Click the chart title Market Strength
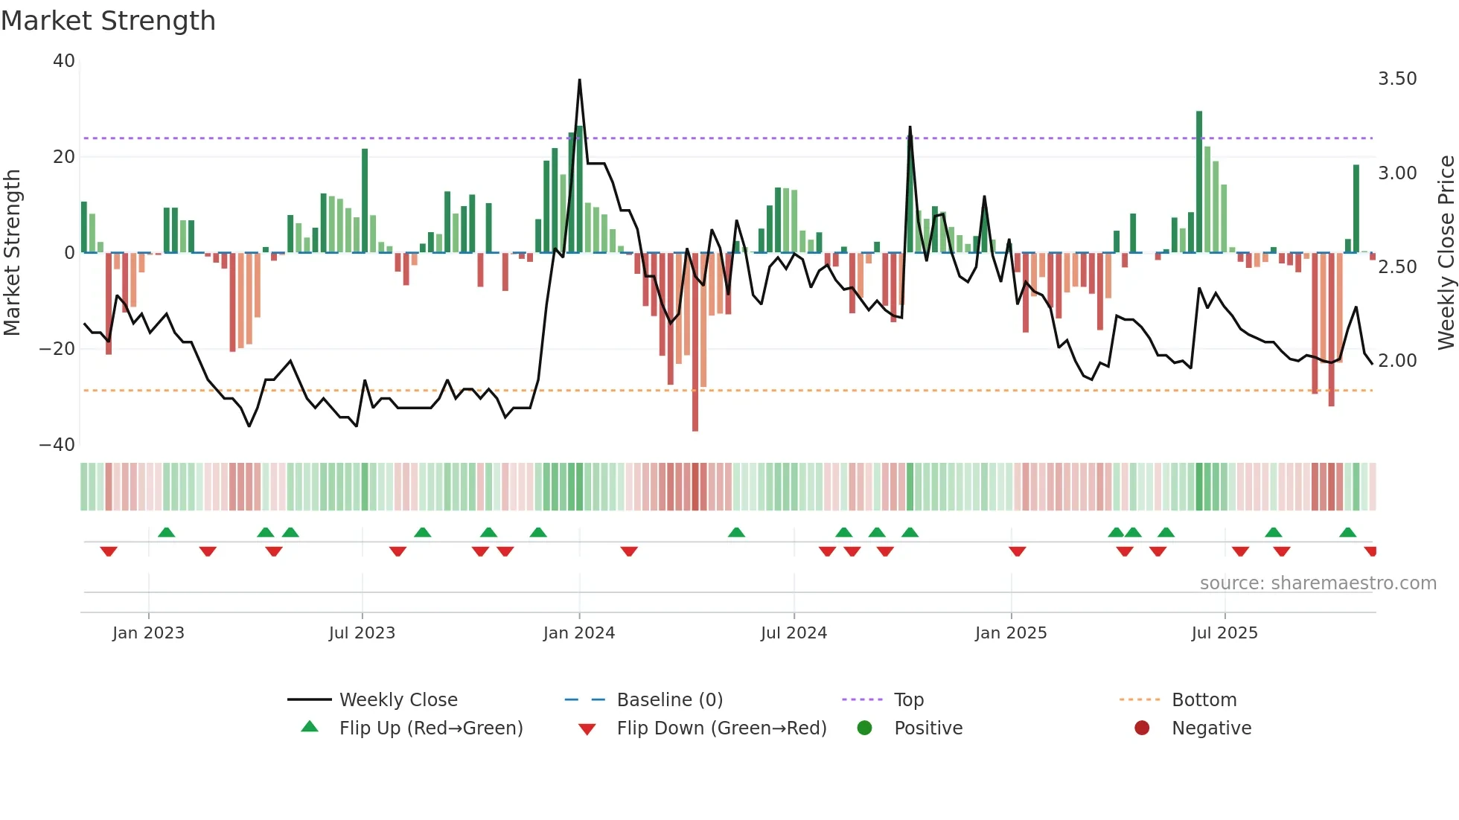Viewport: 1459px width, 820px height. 108,21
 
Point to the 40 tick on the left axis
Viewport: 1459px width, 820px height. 64,61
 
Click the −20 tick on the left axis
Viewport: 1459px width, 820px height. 57,348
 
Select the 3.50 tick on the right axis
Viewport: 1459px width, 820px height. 1397,79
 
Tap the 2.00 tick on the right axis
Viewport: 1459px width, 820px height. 1397,361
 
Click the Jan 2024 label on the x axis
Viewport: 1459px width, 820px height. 578,633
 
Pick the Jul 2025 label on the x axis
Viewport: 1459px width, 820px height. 1224,633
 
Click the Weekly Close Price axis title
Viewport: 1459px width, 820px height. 1446,252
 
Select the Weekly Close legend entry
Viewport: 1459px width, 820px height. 398,700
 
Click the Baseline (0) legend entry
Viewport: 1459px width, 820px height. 669,700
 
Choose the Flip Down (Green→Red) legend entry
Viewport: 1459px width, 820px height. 721,728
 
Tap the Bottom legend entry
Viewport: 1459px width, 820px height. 1204,700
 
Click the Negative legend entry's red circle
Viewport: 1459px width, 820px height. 1141,728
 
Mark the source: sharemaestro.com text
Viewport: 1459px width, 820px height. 1318,583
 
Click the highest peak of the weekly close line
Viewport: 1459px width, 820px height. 579,81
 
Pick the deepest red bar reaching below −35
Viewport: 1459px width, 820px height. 695,342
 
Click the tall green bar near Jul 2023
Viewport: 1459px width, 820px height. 365,201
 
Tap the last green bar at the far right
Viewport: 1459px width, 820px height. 1356,208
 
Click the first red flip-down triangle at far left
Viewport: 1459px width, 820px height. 109,551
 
